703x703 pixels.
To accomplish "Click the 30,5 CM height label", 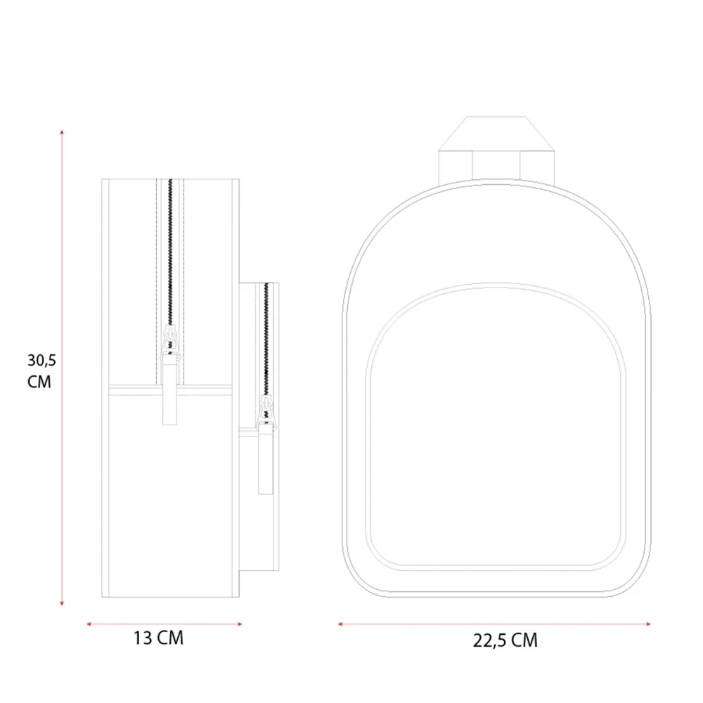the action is coord(41,370).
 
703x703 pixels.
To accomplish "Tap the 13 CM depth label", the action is coord(158,638).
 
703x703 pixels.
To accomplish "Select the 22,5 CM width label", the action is coord(505,640).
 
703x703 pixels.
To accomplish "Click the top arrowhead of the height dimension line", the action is coord(62,132).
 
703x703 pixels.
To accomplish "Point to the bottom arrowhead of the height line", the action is coord(62,603).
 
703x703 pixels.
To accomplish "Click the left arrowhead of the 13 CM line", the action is coord(89,624).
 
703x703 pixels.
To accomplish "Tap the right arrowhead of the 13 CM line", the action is coord(240,624).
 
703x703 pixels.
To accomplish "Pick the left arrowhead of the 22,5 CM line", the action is coord(341,624).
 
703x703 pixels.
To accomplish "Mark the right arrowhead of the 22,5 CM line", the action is coord(648,624).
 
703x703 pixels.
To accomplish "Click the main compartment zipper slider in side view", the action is coord(170,343).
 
